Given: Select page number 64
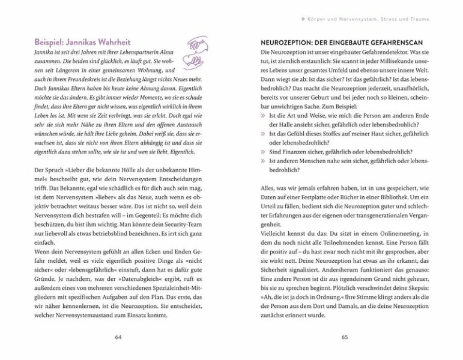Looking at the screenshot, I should click(118, 337).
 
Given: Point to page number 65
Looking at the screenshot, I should click(345, 337).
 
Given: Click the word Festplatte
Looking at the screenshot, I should click(318, 196).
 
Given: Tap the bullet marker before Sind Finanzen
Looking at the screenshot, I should click(263, 152).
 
